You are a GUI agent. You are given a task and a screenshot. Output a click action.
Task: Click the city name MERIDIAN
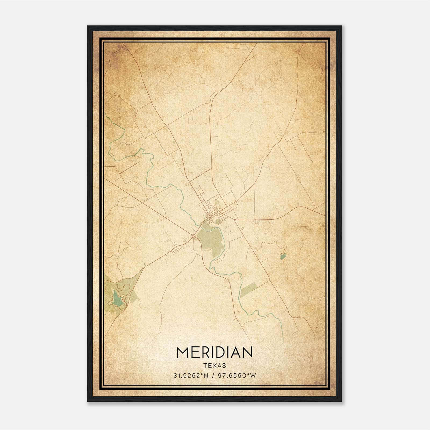pyautogui.click(x=214, y=352)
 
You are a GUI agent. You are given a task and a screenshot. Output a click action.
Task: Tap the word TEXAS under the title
pyautogui.click(x=215, y=366)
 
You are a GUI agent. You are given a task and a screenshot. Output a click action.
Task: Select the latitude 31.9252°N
pyautogui.click(x=191, y=376)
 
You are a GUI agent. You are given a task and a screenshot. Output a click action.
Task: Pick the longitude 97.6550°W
pyautogui.click(x=237, y=376)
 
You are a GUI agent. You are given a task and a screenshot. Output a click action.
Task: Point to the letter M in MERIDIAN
pyautogui.click(x=182, y=352)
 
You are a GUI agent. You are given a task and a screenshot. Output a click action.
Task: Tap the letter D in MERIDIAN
pyautogui.click(x=222, y=352)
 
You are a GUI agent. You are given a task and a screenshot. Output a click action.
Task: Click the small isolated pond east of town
pyautogui.click(x=282, y=256)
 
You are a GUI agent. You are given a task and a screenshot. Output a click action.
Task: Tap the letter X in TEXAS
pyautogui.click(x=215, y=366)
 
